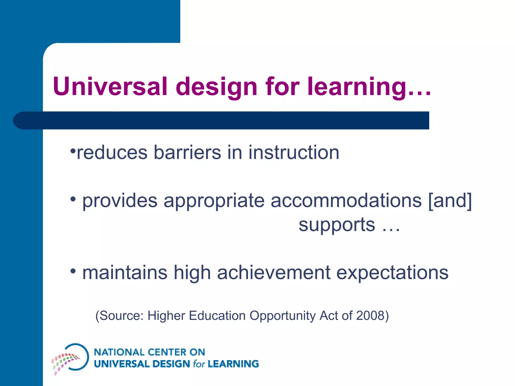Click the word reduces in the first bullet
coord(112,153)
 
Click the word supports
coord(337,225)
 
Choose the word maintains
coord(125,272)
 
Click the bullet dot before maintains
coord(73,271)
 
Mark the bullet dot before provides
coord(73,199)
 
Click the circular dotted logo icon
coord(71,358)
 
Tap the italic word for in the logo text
coord(199,364)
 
